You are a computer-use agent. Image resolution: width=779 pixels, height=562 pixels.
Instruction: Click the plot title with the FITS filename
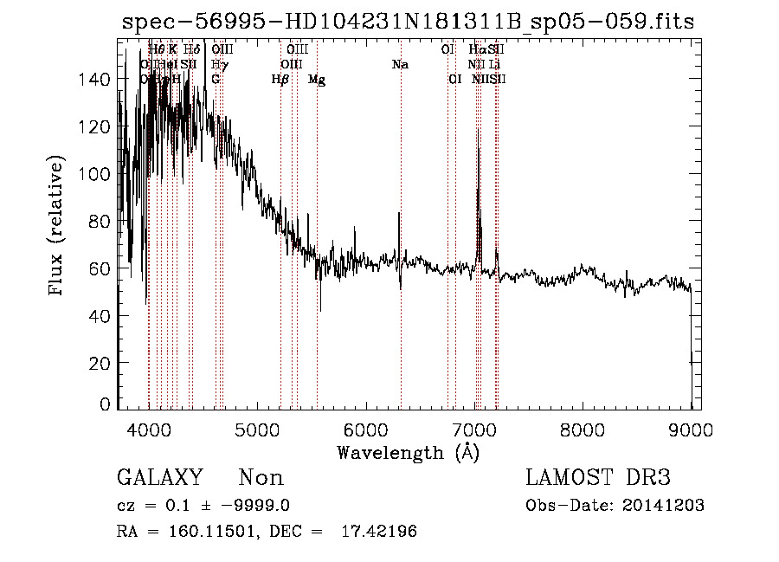[407, 22]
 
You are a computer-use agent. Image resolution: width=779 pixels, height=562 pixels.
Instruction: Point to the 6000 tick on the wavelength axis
[366, 408]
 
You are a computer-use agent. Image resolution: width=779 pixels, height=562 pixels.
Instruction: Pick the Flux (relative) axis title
[58, 227]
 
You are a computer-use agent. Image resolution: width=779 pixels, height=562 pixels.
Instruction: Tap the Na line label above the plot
[400, 65]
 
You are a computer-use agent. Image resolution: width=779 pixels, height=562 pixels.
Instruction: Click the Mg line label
[317, 79]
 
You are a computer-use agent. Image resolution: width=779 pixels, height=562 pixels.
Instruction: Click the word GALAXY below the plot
[159, 478]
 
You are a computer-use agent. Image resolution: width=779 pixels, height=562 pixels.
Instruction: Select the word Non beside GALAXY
[261, 478]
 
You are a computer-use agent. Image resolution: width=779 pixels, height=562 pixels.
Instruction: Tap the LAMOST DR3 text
[598, 478]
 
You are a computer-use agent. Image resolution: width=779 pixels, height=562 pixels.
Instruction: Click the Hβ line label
[280, 79]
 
